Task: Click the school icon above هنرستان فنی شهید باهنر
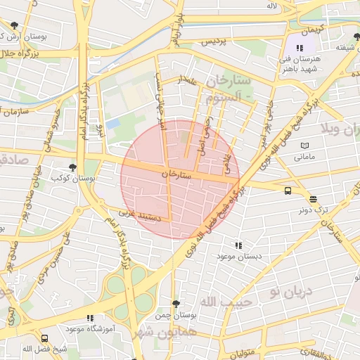coord(300,47)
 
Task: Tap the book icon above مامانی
coord(304,146)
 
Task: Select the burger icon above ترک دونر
coord(313,199)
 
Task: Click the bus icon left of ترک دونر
coord(288,191)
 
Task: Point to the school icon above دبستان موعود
coord(239,245)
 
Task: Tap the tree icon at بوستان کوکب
coord(72,167)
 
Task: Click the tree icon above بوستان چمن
coord(176,304)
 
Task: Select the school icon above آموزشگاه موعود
coord(89,319)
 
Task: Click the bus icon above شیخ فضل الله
coord(45,338)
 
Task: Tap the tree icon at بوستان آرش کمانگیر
coord(14,25)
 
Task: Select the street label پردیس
coord(215,42)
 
